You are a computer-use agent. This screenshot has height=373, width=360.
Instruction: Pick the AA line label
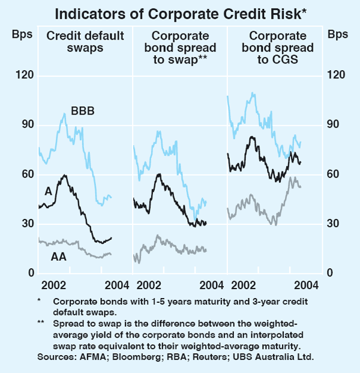(x=59, y=257)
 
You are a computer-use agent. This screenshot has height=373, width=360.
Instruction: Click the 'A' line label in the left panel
(x=47, y=191)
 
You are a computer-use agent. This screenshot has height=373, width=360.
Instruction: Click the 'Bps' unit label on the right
(x=338, y=34)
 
